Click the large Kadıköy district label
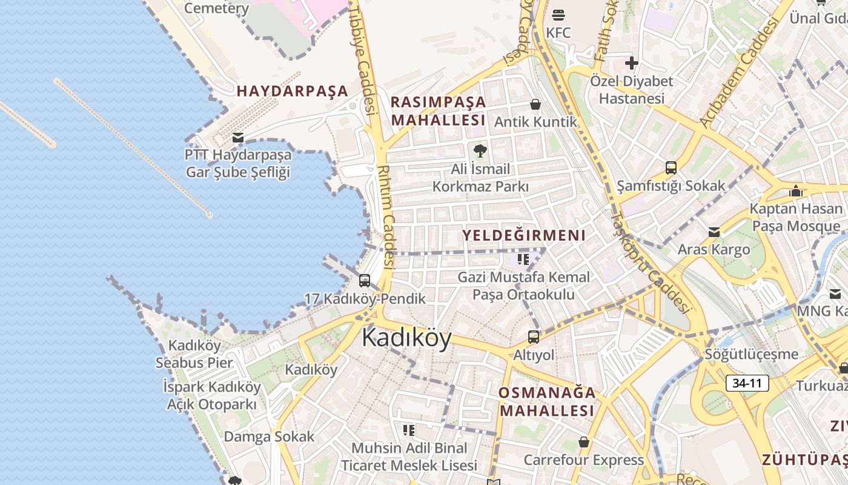click(x=406, y=338)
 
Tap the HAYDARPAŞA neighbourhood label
click(x=293, y=92)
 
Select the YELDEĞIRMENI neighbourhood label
click(x=524, y=235)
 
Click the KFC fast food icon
click(x=558, y=15)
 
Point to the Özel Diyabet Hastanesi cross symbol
click(x=632, y=63)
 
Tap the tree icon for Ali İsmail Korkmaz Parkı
click(x=480, y=150)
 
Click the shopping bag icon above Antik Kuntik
click(x=535, y=104)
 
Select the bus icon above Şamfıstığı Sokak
click(x=671, y=167)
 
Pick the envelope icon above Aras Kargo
click(x=714, y=232)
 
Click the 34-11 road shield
click(x=747, y=383)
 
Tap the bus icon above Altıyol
click(x=534, y=336)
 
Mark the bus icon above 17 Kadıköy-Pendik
click(x=365, y=280)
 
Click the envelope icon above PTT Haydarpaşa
click(x=238, y=138)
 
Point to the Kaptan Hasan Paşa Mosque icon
click(x=796, y=192)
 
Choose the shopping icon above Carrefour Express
click(x=584, y=442)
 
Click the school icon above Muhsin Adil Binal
click(x=409, y=430)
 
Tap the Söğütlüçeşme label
click(x=752, y=353)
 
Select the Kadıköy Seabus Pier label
click(x=194, y=354)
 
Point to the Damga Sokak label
click(x=270, y=436)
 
